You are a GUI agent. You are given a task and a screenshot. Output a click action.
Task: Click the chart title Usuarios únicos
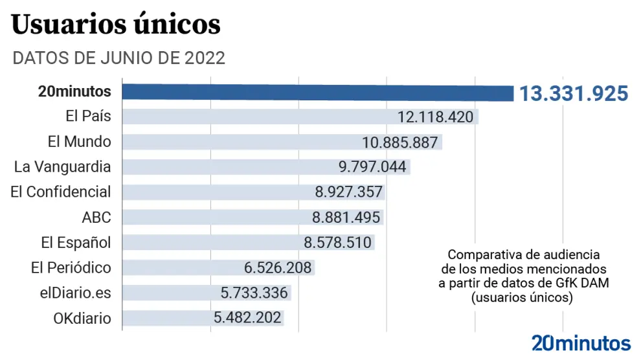[x=117, y=25]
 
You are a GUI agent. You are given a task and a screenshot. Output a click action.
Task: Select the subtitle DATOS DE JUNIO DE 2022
[x=119, y=58]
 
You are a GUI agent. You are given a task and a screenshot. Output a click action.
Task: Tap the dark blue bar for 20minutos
[x=317, y=92]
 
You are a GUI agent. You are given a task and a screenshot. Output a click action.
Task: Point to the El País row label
[x=88, y=117]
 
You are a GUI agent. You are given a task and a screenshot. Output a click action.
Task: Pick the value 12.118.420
[x=436, y=117]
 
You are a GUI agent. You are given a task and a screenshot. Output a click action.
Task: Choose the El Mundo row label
[x=79, y=142]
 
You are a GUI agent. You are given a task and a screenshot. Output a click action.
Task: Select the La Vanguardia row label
[x=62, y=166]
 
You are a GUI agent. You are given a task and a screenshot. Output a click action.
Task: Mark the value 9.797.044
[x=372, y=167]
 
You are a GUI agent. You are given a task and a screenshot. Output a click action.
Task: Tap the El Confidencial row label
[x=61, y=192]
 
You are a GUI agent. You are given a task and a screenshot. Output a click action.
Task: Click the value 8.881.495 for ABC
[x=348, y=218]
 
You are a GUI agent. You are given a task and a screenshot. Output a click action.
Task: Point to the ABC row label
[x=96, y=217]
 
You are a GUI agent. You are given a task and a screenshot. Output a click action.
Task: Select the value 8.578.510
[x=338, y=243]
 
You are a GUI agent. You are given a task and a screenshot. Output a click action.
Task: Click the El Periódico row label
[x=71, y=267]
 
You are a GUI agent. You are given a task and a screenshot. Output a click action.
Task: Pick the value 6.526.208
[x=278, y=268]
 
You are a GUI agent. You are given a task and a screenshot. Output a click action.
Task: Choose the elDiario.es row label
[x=75, y=293]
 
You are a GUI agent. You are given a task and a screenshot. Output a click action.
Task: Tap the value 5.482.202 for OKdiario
[x=247, y=319]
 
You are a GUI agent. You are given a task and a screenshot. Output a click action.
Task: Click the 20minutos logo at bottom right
[x=581, y=343]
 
